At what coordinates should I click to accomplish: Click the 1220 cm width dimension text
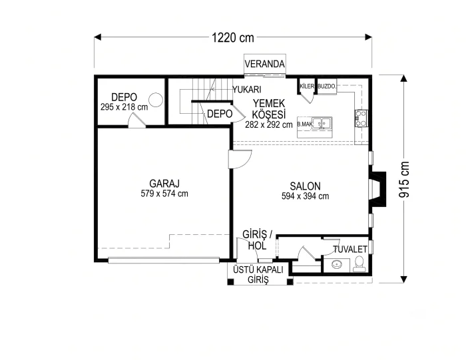(233, 38)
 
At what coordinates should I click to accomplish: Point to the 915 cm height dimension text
(404, 180)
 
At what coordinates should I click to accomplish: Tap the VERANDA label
(264, 64)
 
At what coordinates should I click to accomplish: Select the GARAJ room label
(164, 183)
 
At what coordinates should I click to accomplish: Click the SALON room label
(305, 186)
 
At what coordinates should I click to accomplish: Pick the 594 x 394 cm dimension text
(305, 196)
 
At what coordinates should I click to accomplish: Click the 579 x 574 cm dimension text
(164, 194)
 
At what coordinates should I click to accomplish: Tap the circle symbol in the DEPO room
(156, 100)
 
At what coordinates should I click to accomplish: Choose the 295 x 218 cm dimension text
(124, 107)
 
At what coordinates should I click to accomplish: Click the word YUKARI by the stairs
(247, 89)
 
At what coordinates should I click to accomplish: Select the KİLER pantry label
(307, 86)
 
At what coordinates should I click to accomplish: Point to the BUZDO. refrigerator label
(327, 87)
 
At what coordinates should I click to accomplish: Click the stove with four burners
(361, 118)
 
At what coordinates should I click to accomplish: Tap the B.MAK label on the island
(305, 124)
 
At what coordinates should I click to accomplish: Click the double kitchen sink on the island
(322, 123)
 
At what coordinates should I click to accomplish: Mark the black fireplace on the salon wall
(377, 189)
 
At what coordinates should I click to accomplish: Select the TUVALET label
(350, 250)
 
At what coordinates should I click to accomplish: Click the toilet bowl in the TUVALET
(359, 264)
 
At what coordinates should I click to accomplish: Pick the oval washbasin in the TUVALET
(337, 264)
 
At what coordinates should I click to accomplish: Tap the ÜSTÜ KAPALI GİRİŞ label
(258, 274)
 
